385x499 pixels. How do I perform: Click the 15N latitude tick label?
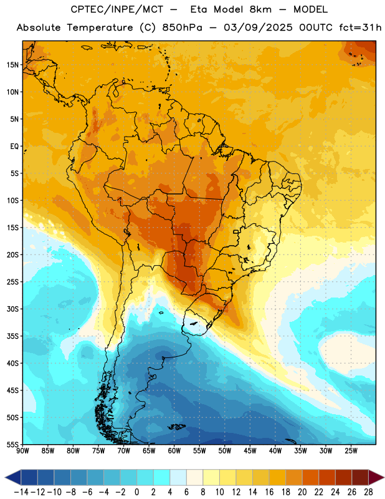coord(12,65)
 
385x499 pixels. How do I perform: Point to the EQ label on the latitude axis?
coord(14,147)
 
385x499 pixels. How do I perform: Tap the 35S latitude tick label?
coord(12,336)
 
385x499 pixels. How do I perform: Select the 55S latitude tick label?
coord(12,444)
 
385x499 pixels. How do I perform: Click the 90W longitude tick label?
coord(22,451)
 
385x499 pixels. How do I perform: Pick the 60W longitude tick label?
coord(174,451)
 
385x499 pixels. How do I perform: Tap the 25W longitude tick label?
coord(351,451)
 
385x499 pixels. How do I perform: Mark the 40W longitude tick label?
coord(275,451)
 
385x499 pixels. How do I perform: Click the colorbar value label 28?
coord(368,492)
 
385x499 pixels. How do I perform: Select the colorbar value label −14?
coord(21,492)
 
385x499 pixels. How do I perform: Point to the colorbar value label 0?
coord(136,492)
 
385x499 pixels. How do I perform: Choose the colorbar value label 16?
coord(269,492)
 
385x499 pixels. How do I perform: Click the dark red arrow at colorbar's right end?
coord(376,477)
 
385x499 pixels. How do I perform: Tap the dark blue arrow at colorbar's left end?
coord(13,477)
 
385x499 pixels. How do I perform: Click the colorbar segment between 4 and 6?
coord(178,477)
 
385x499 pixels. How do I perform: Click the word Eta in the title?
coord(199,9)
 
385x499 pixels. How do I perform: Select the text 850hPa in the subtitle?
coord(182,27)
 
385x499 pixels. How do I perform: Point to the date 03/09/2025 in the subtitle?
coord(258,27)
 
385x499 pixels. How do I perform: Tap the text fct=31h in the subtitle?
coord(360,27)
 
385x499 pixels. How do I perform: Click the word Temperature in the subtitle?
coord(100,27)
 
